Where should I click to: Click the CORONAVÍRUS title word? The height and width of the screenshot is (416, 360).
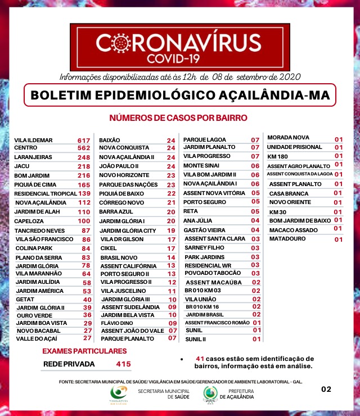(x=179, y=43)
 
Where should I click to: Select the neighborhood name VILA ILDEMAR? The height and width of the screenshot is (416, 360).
(x=33, y=140)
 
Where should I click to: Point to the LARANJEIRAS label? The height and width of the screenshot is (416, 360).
(x=33, y=157)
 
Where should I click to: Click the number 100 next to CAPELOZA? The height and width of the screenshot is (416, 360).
(x=84, y=221)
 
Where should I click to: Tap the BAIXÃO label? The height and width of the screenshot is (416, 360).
(x=110, y=140)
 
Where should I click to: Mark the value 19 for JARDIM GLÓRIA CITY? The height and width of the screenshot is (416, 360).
(x=172, y=230)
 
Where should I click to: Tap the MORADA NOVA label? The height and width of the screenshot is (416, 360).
(x=288, y=138)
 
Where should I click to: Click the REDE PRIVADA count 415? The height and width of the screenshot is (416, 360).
(x=123, y=364)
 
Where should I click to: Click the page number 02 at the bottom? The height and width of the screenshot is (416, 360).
(x=326, y=389)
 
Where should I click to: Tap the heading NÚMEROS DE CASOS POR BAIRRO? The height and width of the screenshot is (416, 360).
(x=178, y=118)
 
